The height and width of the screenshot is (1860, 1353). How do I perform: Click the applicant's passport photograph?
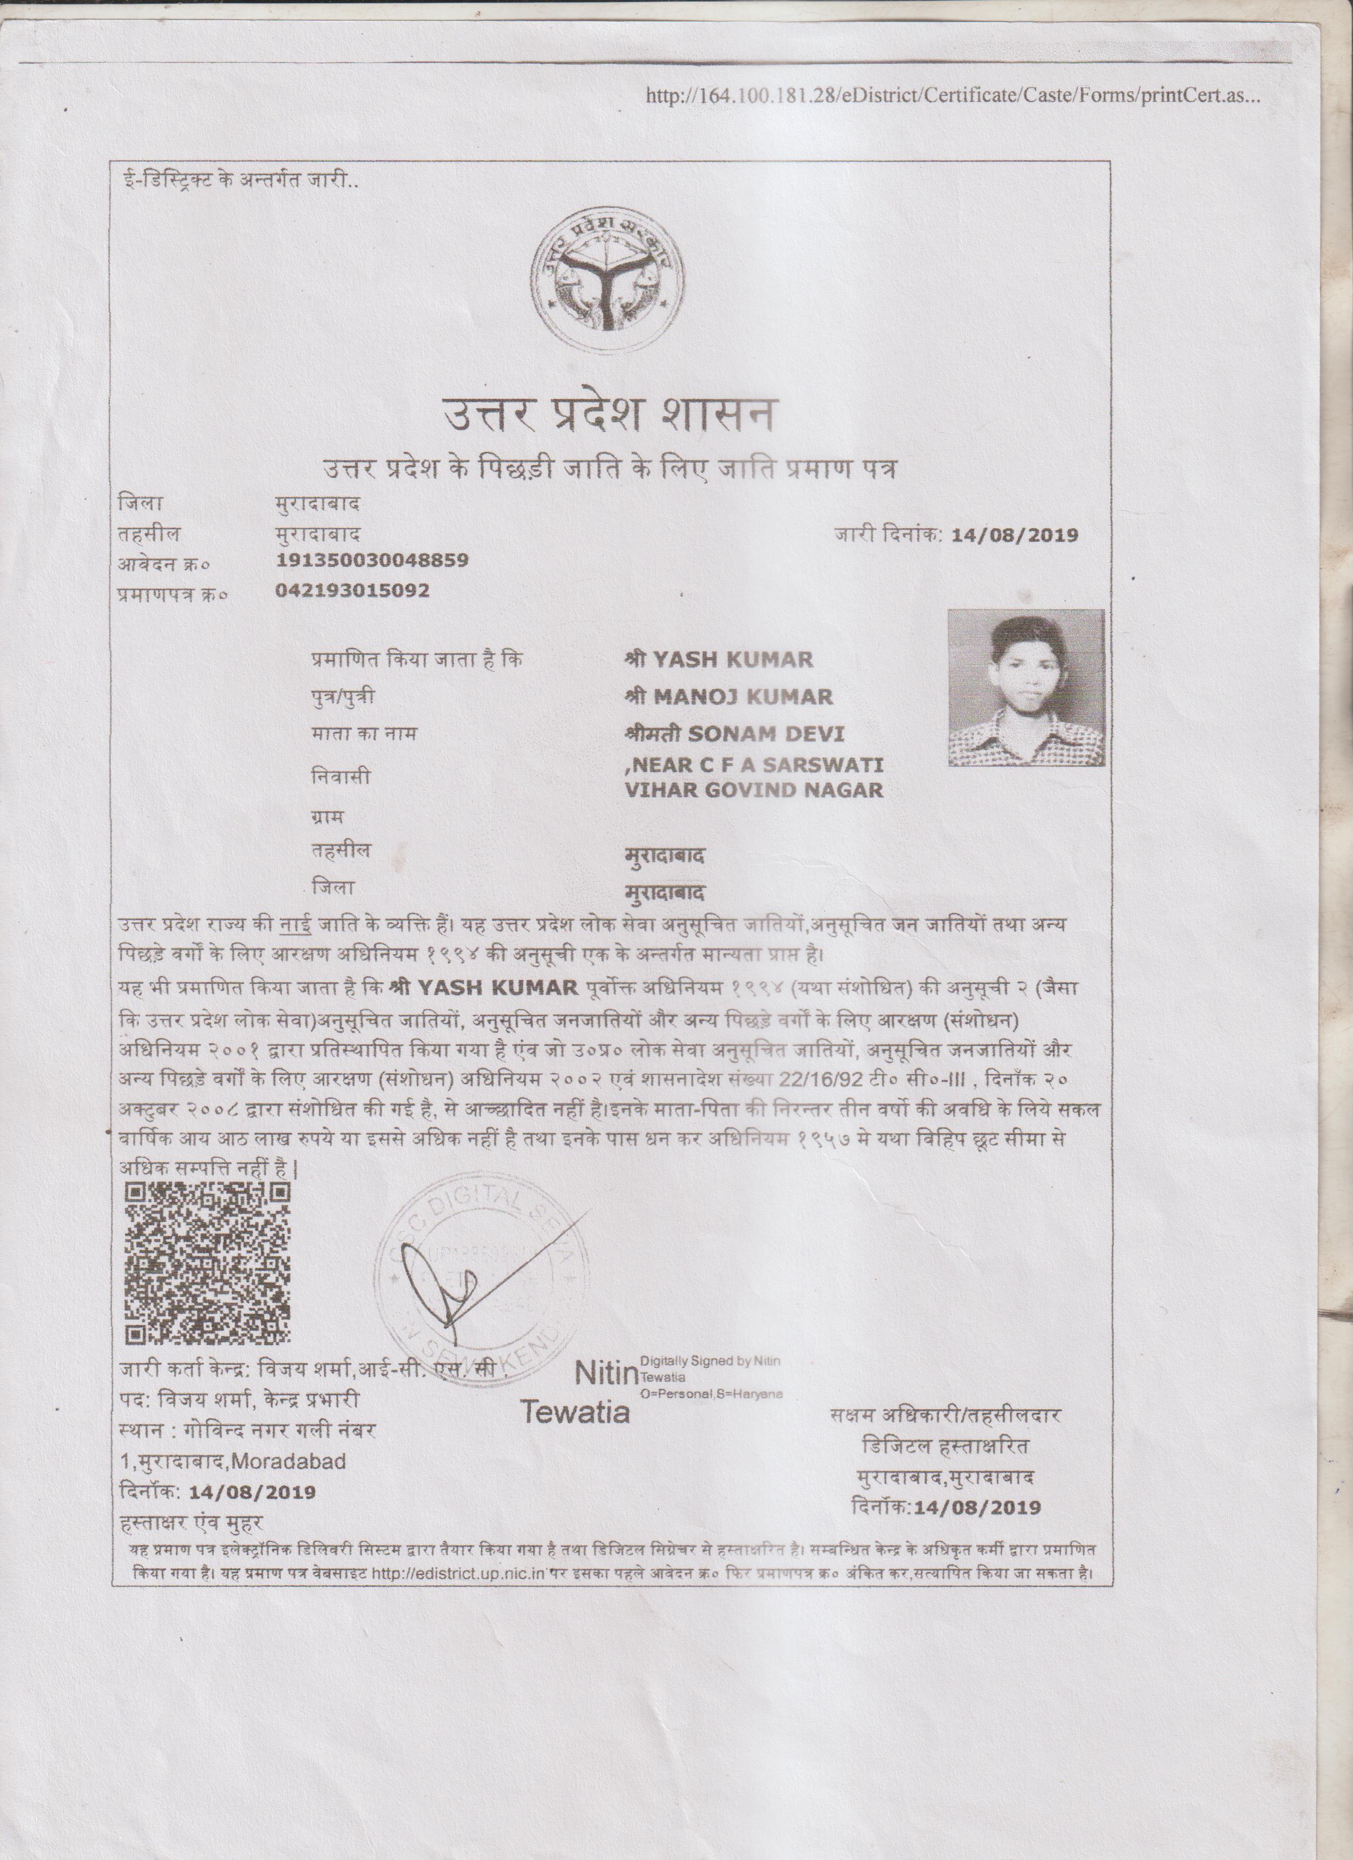(1026, 689)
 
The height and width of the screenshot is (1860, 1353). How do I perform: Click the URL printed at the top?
(952, 96)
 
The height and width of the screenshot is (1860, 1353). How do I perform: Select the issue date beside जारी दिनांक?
(1014, 536)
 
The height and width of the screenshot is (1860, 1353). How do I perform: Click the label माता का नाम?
(363, 733)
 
